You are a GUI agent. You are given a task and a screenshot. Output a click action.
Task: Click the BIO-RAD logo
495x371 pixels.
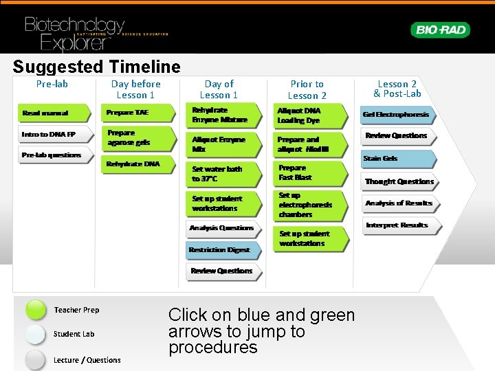click(x=440, y=30)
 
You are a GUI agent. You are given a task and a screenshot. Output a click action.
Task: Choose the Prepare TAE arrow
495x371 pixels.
click(x=138, y=113)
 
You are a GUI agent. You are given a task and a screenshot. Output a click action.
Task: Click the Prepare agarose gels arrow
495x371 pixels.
click(x=138, y=137)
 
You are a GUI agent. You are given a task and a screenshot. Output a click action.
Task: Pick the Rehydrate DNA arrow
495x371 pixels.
click(x=138, y=164)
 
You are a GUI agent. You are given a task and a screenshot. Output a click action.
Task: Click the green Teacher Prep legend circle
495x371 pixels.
click(x=36, y=311)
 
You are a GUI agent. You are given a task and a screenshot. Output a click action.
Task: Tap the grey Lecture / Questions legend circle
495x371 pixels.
click(x=36, y=359)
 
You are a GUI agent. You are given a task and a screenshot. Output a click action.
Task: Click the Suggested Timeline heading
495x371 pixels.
click(x=96, y=67)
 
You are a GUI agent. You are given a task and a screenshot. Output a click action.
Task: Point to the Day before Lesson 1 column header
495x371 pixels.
click(x=136, y=89)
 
